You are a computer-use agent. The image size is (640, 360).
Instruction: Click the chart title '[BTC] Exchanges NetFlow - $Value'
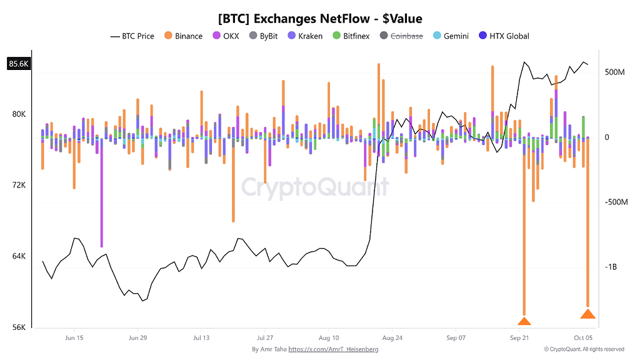tap(320, 18)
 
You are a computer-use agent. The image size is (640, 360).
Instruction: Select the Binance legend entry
tap(183, 36)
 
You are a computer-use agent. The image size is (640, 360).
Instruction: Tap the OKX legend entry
tap(226, 36)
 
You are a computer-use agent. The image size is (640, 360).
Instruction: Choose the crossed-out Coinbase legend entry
tap(401, 36)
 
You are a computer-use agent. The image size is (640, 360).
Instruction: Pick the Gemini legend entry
tap(451, 36)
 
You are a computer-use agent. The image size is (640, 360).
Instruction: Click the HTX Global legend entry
tap(504, 36)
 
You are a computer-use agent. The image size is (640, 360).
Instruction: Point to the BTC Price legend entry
tap(132, 36)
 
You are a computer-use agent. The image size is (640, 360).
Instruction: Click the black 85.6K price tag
tap(19, 64)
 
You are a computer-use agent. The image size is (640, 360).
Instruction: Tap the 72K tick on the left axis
tap(19, 185)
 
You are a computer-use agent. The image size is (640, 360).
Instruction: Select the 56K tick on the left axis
tap(19, 327)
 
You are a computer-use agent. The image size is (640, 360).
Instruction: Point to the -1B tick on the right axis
tap(611, 267)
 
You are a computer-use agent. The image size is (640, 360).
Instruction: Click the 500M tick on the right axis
tap(615, 72)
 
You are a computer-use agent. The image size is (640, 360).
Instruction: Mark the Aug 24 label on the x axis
tap(392, 338)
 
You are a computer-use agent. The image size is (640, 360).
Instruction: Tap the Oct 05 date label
tap(583, 338)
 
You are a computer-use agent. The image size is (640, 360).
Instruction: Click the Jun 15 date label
tap(74, 338)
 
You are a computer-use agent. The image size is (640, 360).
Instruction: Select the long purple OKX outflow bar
tap(102, 192)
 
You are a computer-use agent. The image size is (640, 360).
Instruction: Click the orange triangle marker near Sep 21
tap(524, 321)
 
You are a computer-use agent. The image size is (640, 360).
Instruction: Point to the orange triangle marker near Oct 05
tap(587, 314)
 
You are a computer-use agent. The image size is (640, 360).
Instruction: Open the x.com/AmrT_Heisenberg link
tap(333, 349)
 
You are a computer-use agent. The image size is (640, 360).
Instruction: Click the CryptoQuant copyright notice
tap(584, 349)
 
